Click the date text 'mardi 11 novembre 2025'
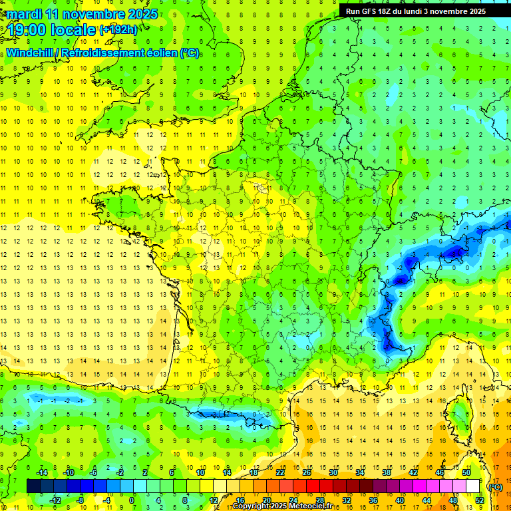[82, 14]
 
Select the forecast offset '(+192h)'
[118, 30]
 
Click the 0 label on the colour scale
[132, 500]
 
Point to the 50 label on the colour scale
[466, 472]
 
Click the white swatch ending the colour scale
[473, 486]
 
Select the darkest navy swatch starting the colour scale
[33, 486]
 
